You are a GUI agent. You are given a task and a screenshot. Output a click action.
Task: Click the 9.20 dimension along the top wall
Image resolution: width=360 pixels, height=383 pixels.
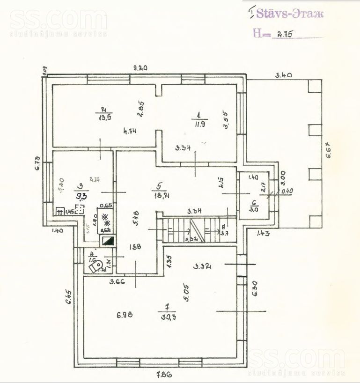click(x=140, y=68)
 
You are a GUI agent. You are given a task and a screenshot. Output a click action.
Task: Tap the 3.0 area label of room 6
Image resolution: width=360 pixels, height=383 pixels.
click(x=254, y=209)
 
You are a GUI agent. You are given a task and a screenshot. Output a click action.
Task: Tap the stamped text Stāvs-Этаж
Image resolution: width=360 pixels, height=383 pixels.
click(x=289, y=14)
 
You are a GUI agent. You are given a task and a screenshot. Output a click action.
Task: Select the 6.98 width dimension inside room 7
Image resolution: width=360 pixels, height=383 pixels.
click(x=125, y=315)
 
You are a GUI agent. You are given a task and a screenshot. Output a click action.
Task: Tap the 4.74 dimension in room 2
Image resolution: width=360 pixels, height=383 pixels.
click(x=130, y=132)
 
